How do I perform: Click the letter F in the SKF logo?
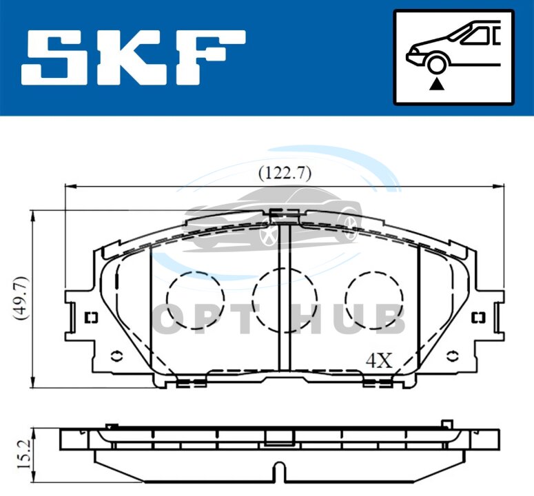point(210,58)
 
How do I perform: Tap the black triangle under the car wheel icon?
point(437,84)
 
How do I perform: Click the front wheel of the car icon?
point(437,64)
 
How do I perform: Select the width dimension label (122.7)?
point(285,174)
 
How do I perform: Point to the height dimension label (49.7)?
point(21,298)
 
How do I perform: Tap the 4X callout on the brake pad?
point(379,360)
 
